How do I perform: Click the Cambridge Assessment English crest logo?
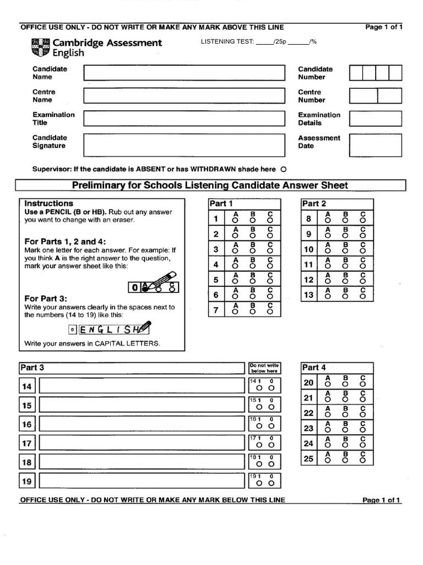click(x=41, y=47)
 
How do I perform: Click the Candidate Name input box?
click(x=184, y=73)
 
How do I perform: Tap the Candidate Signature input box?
click(x=184, y=145)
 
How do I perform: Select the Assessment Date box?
click(x=376, y=145)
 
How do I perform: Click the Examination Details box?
click(x=376, y=119)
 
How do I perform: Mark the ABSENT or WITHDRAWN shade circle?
click(x=283, y=169)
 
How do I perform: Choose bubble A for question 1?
click(x=236, y=221)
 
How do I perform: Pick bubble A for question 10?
click(x=328, y=252)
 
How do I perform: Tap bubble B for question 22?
click(x=345, y=415)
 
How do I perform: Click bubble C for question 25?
click(x=362, y=460)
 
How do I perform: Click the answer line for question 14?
click(x=142, y=386)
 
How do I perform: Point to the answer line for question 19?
click(x=142, y=481)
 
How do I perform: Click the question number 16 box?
click(x=27, y=424)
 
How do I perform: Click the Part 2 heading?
click(x=314, y=204)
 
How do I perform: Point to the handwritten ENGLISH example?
click(x=109, y=329)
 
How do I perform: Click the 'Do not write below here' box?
click(x=264, y=368)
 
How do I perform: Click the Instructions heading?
click(x=49, y=204)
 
